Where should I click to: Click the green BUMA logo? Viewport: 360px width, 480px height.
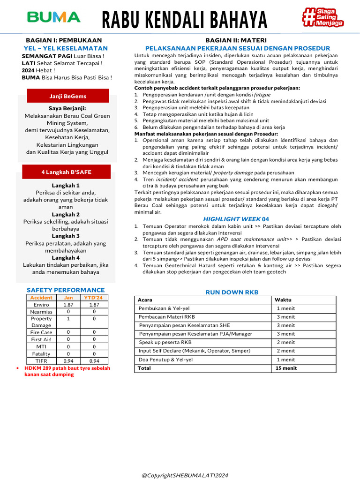pos(54,17)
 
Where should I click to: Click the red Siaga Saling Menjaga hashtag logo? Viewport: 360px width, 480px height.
pos(323,17)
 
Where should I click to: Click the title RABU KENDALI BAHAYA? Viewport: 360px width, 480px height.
pos(185,20)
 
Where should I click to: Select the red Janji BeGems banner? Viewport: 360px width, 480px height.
pos(67,96)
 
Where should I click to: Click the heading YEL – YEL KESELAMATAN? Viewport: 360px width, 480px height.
pos(66,48)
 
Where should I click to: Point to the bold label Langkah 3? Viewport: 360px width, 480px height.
pos(66,236)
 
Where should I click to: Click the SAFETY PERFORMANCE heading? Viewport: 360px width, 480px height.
pos(66,290)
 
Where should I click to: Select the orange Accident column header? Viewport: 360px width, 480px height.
pos(41,298)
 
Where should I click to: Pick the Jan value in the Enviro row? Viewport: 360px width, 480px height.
pos(68,305)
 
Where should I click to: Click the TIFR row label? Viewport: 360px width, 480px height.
pos(41,361)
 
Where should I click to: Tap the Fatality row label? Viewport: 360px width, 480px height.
pos(41,354)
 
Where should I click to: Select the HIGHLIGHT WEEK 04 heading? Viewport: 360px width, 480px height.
pos(236,219)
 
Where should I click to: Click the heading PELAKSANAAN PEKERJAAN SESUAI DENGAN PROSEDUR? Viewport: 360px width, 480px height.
pos(238,48)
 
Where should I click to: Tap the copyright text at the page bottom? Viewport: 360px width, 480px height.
pos(185,475)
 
